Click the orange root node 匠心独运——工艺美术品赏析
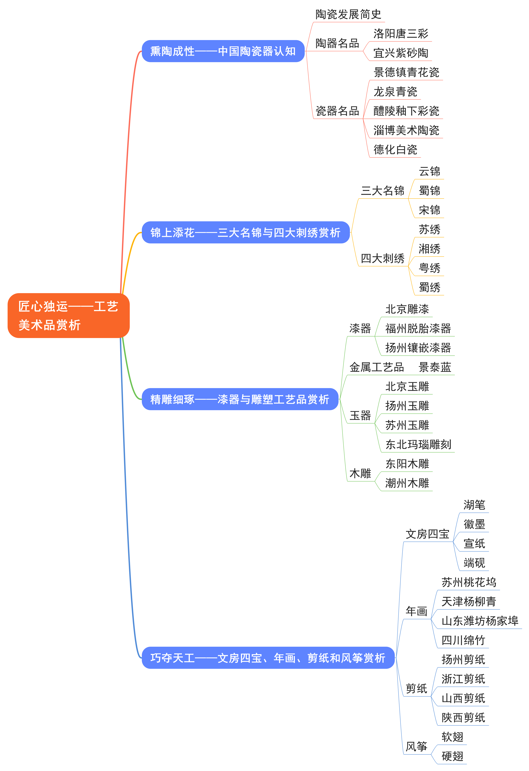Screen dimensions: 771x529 [x=68, y=316]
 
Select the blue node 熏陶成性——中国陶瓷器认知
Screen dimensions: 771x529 [x=223, y=51]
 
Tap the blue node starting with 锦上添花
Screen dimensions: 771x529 [x=245, y=233]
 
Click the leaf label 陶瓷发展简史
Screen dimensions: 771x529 [x=348, y=14]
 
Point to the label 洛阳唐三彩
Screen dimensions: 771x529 [x=401, y=33]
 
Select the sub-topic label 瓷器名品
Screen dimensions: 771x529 [x=337, y=111]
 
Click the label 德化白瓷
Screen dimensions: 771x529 [x=395, y=150]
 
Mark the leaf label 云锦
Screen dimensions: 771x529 [x=429, y=172]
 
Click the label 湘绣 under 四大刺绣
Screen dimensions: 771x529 [x=429, y=249]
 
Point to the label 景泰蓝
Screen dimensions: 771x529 [x=435, y=367]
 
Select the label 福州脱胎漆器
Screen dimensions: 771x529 [x=418, y=328]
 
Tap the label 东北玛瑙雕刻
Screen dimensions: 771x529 [x=418, y=445]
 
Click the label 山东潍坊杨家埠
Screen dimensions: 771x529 [x=480, y=621]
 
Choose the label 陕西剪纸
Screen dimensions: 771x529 [x=463, y=718]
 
